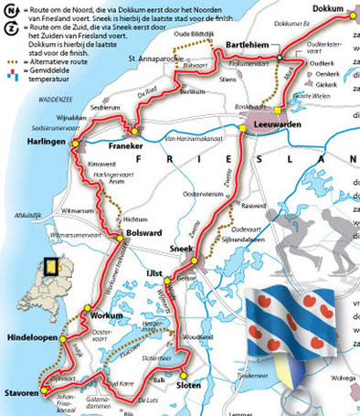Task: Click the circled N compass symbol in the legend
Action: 9,10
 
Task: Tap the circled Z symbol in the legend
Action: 9,30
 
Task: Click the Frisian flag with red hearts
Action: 300,330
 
